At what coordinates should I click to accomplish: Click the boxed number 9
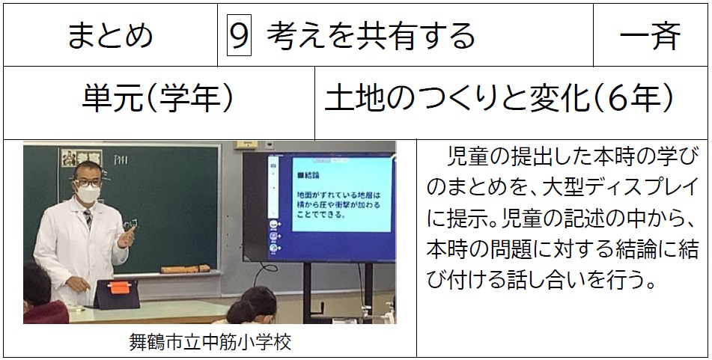(240, 35)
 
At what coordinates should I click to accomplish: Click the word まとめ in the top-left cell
(110, 36)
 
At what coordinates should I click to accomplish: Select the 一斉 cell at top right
(651, 36)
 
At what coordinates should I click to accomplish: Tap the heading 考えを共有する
(371, 36)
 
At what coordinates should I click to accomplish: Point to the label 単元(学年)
(158, 99)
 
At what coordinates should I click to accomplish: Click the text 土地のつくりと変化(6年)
(499, 99)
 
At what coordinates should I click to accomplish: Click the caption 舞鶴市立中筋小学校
(210, 342)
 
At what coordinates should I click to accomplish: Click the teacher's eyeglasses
(88, 183)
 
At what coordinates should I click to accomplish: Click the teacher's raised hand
(127, 236)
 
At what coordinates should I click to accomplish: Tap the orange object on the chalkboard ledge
(185, 269)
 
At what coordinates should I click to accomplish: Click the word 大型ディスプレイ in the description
(620, 188)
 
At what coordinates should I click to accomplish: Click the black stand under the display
(338, 293)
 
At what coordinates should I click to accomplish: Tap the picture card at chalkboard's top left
(82, 158)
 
